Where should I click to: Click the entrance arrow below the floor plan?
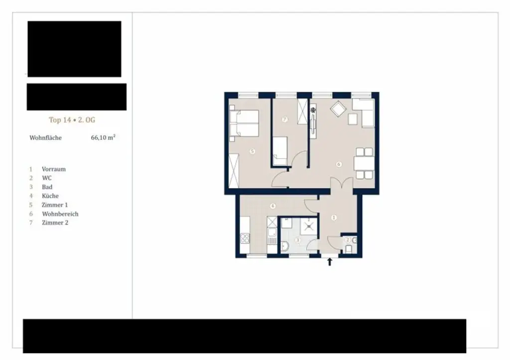(330, 261)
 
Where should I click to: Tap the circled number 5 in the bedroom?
(253, 151)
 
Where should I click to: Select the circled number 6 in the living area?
(339, 164)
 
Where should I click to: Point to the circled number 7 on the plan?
(284, 120)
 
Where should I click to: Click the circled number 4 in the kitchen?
(272, 206)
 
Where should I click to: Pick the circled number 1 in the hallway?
(334, 218)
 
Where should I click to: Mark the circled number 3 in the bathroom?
(298, 240)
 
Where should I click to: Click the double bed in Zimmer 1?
(244, 123)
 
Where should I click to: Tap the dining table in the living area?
(363, 163)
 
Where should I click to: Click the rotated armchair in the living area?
(339, 109)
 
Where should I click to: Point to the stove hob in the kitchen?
(245, 239)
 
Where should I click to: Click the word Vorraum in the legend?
(53, 169)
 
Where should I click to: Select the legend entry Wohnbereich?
(60, 214)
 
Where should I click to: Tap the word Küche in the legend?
(50, 196)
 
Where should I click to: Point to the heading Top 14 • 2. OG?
(72, 120)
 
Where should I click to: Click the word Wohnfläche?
(45, 138)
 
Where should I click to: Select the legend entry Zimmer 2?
(55, 223)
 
